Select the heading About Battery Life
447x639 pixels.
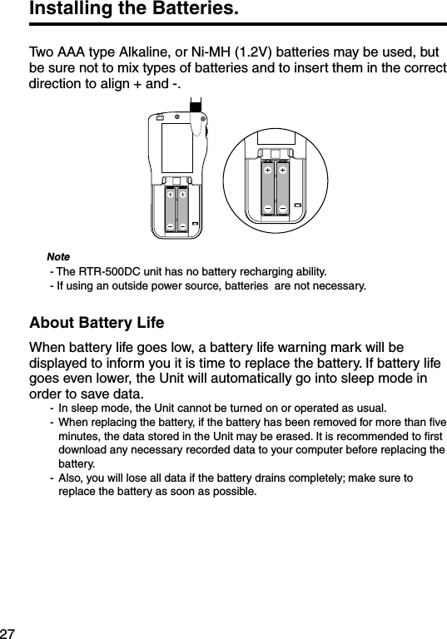pos(97,323)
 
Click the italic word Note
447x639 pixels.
pos(58,256)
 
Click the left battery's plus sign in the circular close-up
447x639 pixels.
pos(268,170)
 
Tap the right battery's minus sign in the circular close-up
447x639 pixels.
pos(284,207)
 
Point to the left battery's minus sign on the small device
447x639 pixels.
pos(169,225)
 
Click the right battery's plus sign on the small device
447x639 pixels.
pos(181,196)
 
